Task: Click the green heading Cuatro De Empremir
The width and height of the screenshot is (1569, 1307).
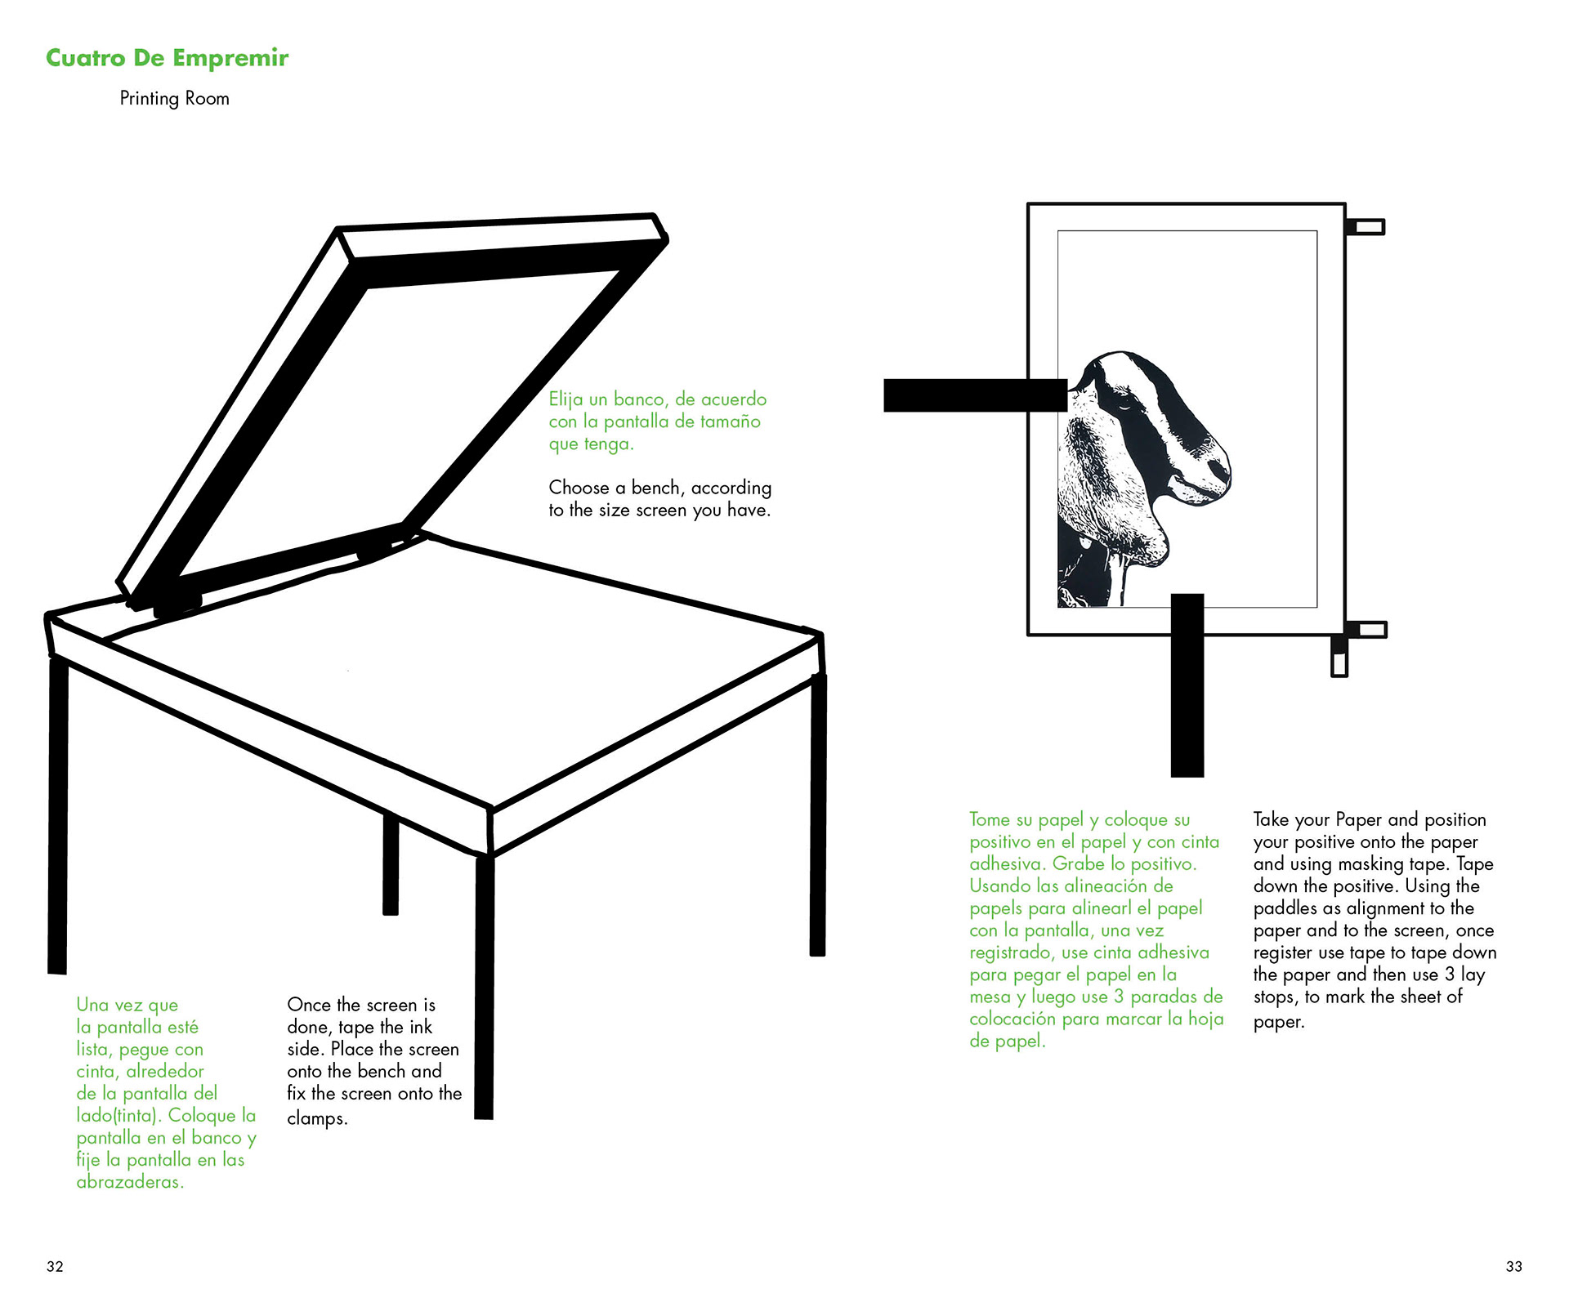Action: coord(167,58)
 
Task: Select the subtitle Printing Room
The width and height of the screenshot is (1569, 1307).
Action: coord(174,99)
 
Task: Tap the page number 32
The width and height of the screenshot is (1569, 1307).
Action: coord(55,1266)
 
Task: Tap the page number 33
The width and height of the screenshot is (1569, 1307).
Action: coord(1513,1266)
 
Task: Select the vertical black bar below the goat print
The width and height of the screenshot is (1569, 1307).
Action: coord(1187,686)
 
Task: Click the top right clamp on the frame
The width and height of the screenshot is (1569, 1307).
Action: coord(1365,226)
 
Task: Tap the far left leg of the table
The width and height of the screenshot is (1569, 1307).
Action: coord(57,817)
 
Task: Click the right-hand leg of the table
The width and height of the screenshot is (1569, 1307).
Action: coord(818,817)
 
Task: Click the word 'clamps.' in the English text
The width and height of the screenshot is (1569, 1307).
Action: coord(317,1118)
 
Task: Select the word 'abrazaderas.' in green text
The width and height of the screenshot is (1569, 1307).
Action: coord(130,1182)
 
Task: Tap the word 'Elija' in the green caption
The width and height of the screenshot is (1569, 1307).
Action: coord(565,399)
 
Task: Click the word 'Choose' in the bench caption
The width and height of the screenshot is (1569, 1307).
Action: coord(579,488)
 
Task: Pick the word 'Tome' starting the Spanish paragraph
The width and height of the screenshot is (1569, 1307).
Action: coord(990,819)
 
